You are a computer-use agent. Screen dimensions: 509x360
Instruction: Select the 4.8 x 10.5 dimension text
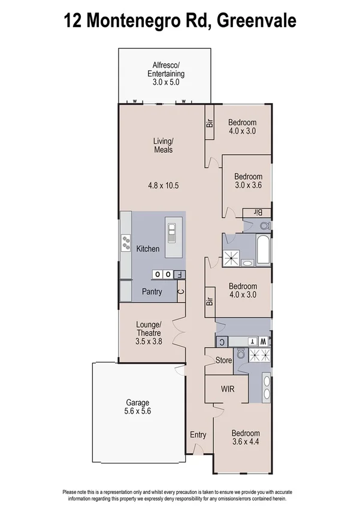tap(164, 186)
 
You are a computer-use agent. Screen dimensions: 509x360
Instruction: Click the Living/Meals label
tap(163, 145)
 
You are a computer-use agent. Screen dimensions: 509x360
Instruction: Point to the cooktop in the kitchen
tap(126, 243)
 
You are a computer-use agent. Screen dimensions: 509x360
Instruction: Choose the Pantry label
tap(152, 292)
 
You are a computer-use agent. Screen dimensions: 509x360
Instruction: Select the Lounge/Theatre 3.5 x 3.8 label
tap(148, 333)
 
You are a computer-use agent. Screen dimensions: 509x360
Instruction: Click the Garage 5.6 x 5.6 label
tap(137, 407)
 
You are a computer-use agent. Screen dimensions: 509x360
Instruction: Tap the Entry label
tap(198, 435)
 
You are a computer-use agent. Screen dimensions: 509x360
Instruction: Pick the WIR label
tap(227, 389)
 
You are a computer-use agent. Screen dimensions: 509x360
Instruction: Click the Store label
tap(225, 361)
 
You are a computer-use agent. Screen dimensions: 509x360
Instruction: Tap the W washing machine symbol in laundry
tap(262, 341)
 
